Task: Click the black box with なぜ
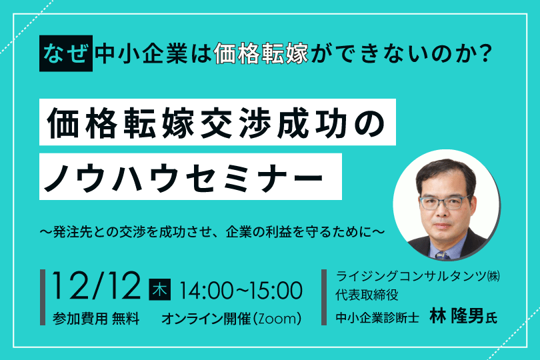66,53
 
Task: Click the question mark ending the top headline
485,54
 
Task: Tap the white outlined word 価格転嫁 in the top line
261,54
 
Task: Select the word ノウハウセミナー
183,177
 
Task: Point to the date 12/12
97,285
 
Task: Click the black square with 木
160,289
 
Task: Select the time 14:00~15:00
241,290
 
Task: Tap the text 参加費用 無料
96,319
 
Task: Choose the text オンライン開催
206,319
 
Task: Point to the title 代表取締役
367,295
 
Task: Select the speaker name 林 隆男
457,317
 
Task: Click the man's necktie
443,255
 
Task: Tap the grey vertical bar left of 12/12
43,297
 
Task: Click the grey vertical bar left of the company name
324,297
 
